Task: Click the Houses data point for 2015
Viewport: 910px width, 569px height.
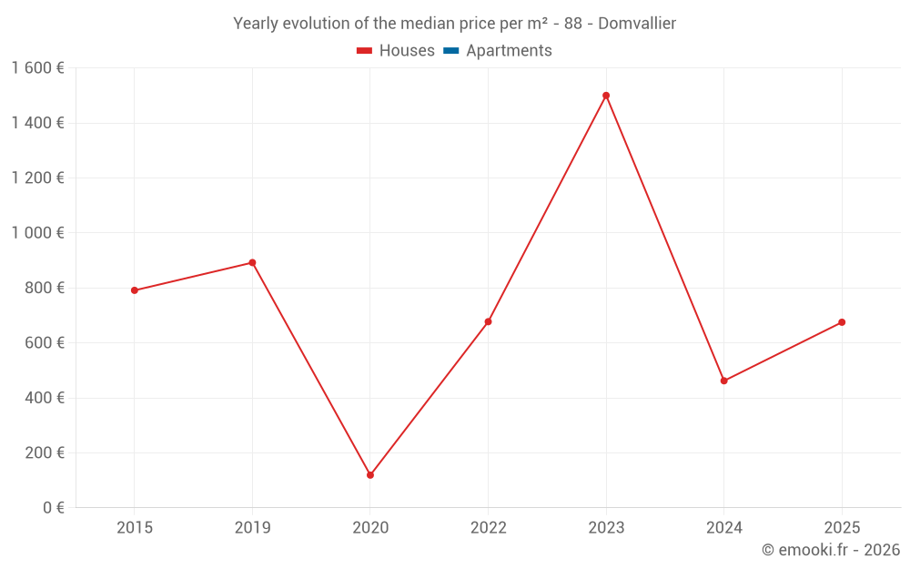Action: pos(135,290)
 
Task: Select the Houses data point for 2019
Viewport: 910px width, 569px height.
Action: pos(252,263)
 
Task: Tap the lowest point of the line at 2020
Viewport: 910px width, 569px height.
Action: pos(370,475)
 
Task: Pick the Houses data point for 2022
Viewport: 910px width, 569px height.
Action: pos(488,321)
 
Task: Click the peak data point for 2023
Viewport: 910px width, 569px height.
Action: pos(606,96)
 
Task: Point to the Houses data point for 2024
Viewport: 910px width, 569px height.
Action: pos(724,381)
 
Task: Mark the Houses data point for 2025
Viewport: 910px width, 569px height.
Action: pos(842,322)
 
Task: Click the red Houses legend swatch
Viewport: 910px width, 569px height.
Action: pos(364,51)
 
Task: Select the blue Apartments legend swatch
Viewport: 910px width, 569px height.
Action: pos(450,51)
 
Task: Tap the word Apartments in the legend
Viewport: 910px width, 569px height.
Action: pos(509,51)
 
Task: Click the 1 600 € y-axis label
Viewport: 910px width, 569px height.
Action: pos(37,68)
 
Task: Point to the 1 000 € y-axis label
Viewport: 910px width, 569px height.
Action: pos(37,233)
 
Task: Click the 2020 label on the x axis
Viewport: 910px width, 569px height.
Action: pos(370,528)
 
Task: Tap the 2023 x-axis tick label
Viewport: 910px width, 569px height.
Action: pos(606,528)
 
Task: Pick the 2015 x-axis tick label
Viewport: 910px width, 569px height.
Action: pos(135,528)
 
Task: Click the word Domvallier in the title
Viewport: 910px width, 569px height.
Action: pos(637,24)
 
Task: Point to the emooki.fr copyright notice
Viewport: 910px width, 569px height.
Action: pos(831,550)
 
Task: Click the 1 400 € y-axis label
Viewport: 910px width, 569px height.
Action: pos(37,123)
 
